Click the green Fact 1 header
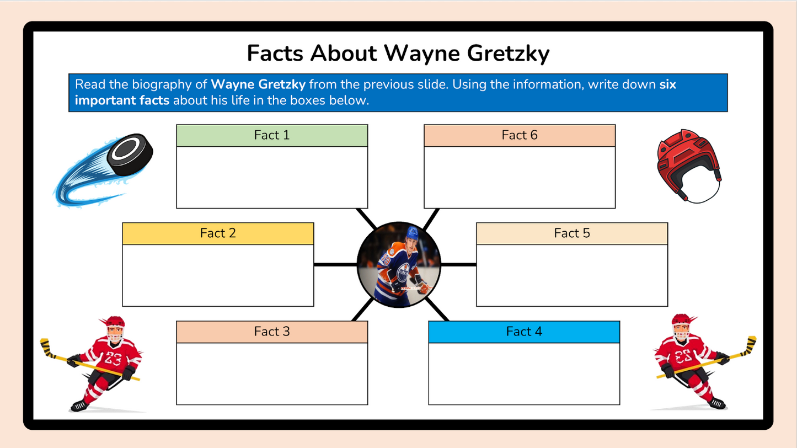tap(272, 135)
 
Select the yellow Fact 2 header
tap(218, 233)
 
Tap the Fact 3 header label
tap(272, 332)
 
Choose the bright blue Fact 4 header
tap(524, 332)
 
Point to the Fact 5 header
tap(572, 233)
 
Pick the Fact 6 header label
tap(520, 135)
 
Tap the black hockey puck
tap(130, 155)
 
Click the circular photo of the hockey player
tap(399, 265)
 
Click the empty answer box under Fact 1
tap(272, 177)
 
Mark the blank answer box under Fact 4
tap(524, 374)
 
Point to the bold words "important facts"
tap(122, 101)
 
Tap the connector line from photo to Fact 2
tap(335, 265)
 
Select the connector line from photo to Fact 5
tap(458, 265)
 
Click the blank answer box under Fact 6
tap(520, 177)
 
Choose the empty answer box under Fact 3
tap(272, 374)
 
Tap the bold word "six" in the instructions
tap(668, 85)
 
